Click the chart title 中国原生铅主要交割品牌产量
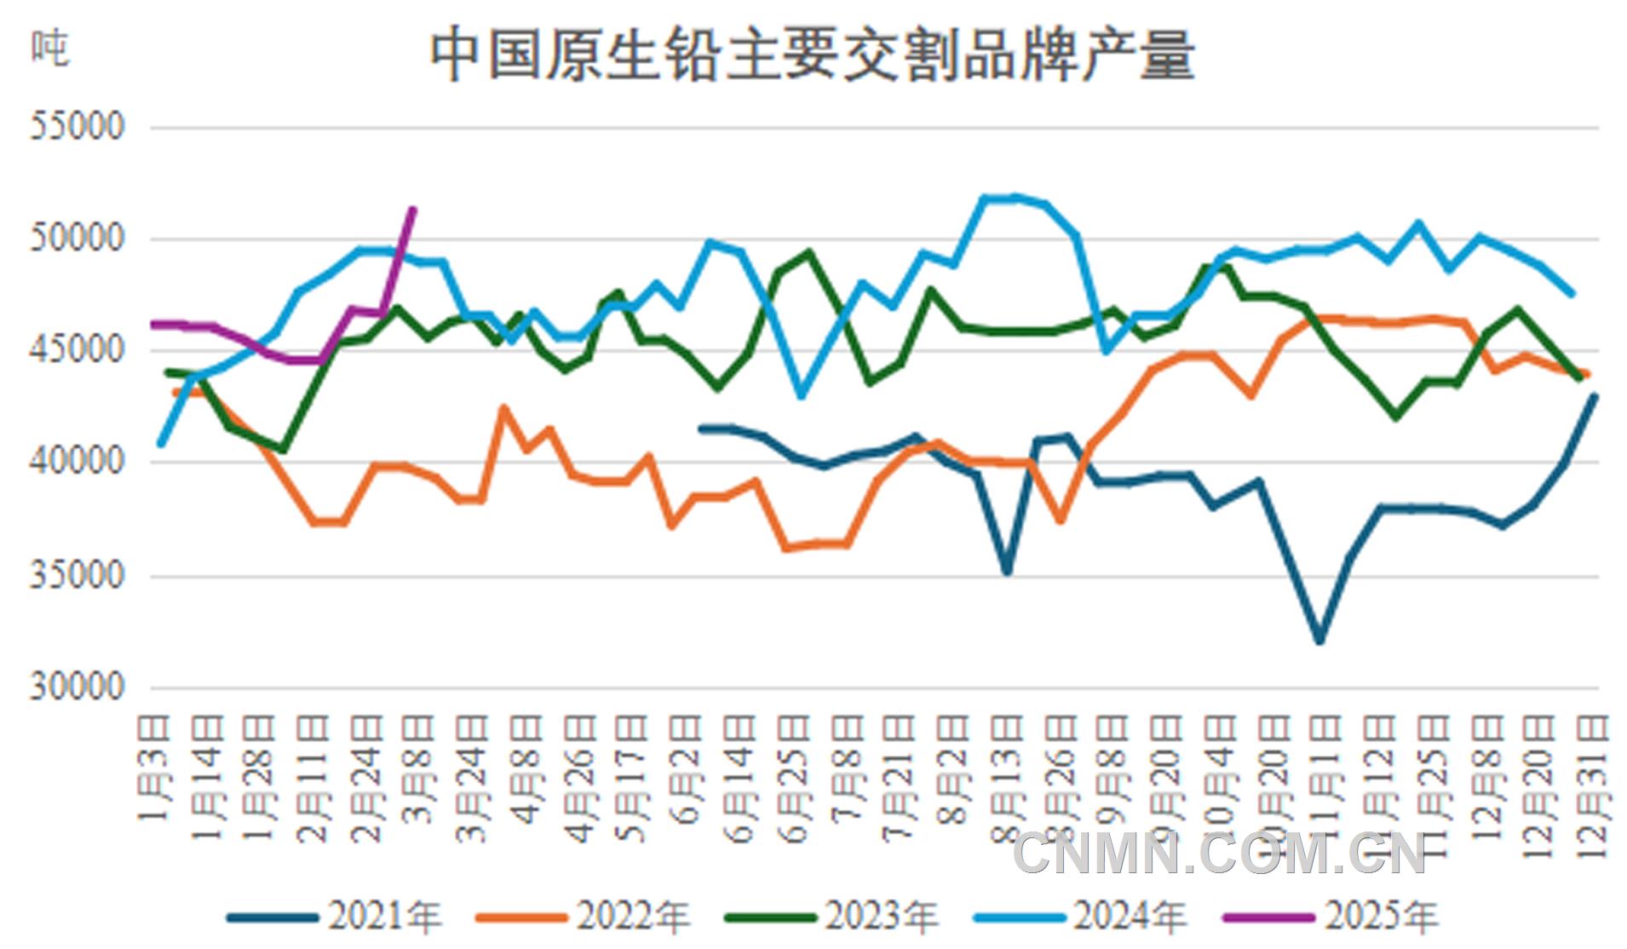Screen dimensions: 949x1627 pyautogui.click(x=812, y=56)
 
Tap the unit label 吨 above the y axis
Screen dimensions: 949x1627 pyautogui.click(x=49, y=49)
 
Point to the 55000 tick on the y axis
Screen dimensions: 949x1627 pyautogui.click(x=78, y=127)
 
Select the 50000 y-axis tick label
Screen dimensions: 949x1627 pyautogui.click(x=78, y=239)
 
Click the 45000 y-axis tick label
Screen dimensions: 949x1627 pyautogui.click(x=78, y=350)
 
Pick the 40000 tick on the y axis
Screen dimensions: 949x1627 pyautogui.click(x=78, y=463)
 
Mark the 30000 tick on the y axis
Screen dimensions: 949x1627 pyautogui.click(x=78, y=687)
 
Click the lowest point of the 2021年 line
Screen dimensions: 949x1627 pyautogui.click(x=1319, y=641)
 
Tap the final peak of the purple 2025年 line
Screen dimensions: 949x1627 pyautogui.click(x=413, y=209)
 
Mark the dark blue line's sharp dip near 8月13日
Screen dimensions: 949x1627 pyautogui.click(x=1007, y=572)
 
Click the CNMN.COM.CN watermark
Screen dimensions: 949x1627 pyautogui.click(x=1219, y=854)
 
